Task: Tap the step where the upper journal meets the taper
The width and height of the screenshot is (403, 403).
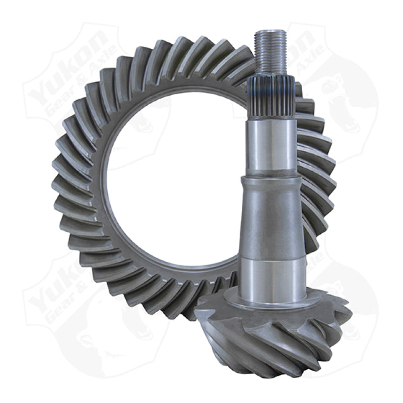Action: click(272, 176)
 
